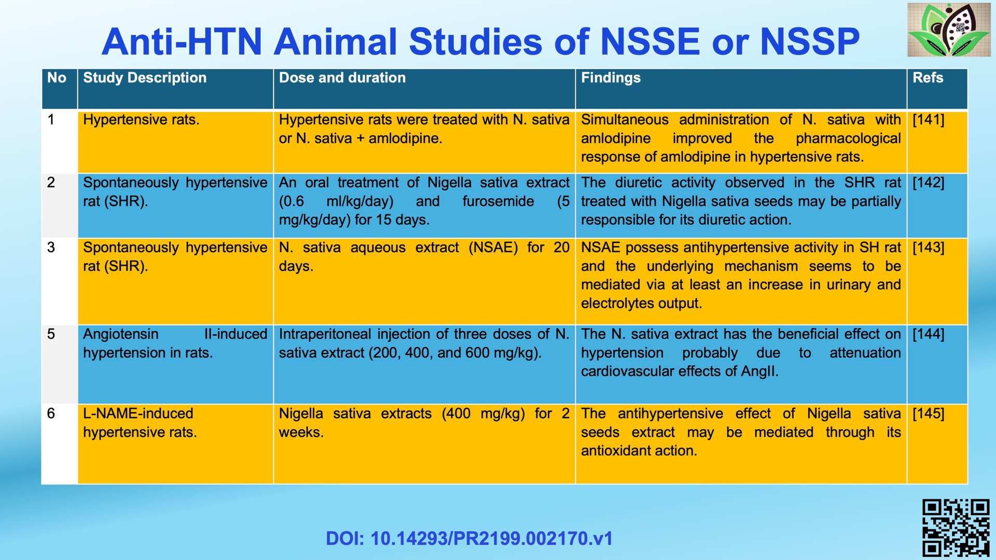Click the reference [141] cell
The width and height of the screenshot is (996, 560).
(937, 142)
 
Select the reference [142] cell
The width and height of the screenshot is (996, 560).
(937, 206)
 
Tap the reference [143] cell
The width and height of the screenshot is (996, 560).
(937, 281)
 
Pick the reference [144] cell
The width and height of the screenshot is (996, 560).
(937, 364)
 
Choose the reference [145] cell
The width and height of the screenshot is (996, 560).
(937, 444)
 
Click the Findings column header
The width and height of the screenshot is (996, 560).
(741, 89)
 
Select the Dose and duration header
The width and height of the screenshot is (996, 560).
(424, 89)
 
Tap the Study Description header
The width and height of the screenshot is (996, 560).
(175, 89)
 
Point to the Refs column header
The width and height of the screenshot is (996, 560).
(937, 89)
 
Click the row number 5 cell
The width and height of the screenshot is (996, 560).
(60, 364)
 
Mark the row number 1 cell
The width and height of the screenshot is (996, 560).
(60, 142)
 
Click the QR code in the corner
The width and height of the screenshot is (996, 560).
(956, 527)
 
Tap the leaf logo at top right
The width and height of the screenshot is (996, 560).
(949, 30)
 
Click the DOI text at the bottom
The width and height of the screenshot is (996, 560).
(469, 538)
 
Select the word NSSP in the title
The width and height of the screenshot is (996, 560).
(810, 42)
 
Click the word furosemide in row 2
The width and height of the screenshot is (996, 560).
(498, 201)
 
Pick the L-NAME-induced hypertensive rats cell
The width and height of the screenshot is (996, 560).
(175, 444)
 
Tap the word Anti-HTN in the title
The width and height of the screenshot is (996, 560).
(182, 42)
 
